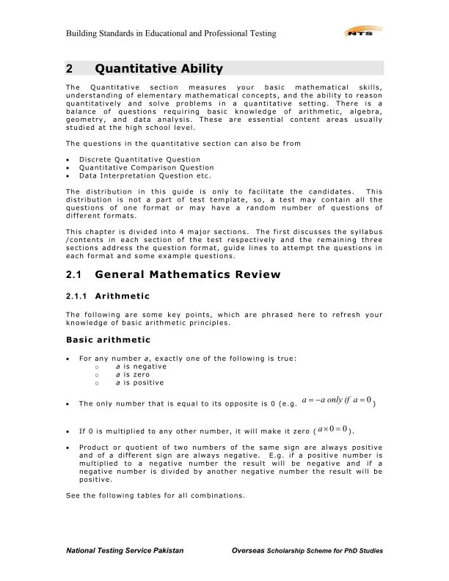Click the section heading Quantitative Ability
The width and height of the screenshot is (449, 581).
158,70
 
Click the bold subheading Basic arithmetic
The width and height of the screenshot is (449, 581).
108,340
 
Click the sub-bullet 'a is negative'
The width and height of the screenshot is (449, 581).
141,366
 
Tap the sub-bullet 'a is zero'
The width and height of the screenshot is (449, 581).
134,374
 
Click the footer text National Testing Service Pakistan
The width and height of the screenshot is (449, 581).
125,550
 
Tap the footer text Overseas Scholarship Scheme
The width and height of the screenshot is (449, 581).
307,550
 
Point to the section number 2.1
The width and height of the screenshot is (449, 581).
73,275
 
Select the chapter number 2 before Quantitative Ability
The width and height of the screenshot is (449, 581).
69,70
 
